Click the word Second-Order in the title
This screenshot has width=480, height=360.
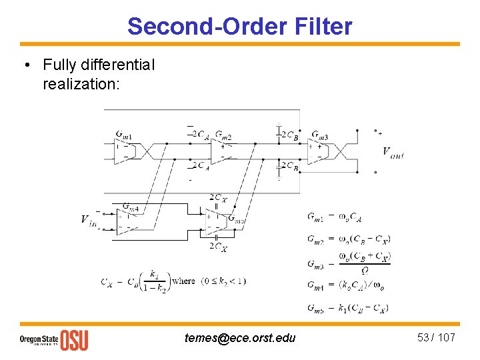click(x=207, y=27)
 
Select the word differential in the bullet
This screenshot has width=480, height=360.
click(x=115, y=65)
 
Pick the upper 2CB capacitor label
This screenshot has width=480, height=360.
click(x=289, y=135)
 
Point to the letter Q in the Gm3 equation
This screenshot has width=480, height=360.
click(x=364, y=271)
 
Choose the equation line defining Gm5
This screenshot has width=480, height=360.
click(x=348, y=307)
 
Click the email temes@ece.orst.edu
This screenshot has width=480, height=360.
click(x=240, y=338)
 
